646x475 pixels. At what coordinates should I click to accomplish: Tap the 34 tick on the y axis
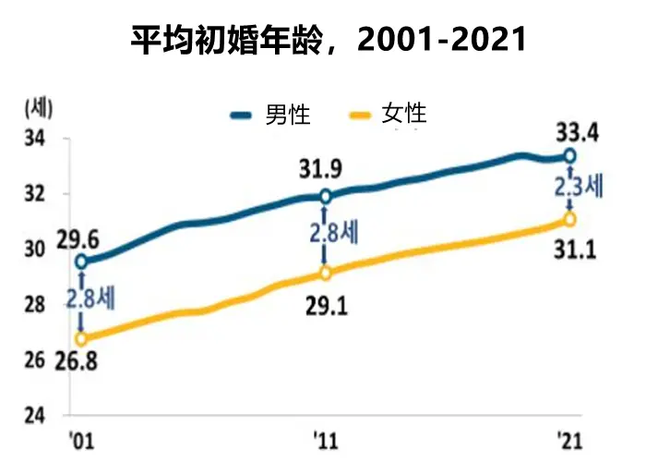click(34, 140)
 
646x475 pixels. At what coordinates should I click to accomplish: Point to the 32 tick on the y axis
click(34, 195)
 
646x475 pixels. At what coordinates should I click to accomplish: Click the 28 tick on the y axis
click(34, 305)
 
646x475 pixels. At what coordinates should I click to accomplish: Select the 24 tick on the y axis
click(34, 415)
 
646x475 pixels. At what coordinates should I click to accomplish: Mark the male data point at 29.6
click(82, 262)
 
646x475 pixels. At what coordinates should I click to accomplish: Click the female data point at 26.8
click(82, 339)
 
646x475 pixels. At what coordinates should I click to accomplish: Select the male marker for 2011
click(325, 196)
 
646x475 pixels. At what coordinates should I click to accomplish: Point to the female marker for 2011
click(325, 274)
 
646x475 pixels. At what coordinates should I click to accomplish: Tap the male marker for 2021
click(569, 155)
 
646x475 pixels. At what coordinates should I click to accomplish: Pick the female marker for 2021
click(569, 219)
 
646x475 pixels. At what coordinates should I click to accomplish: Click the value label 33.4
click(577, 132)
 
